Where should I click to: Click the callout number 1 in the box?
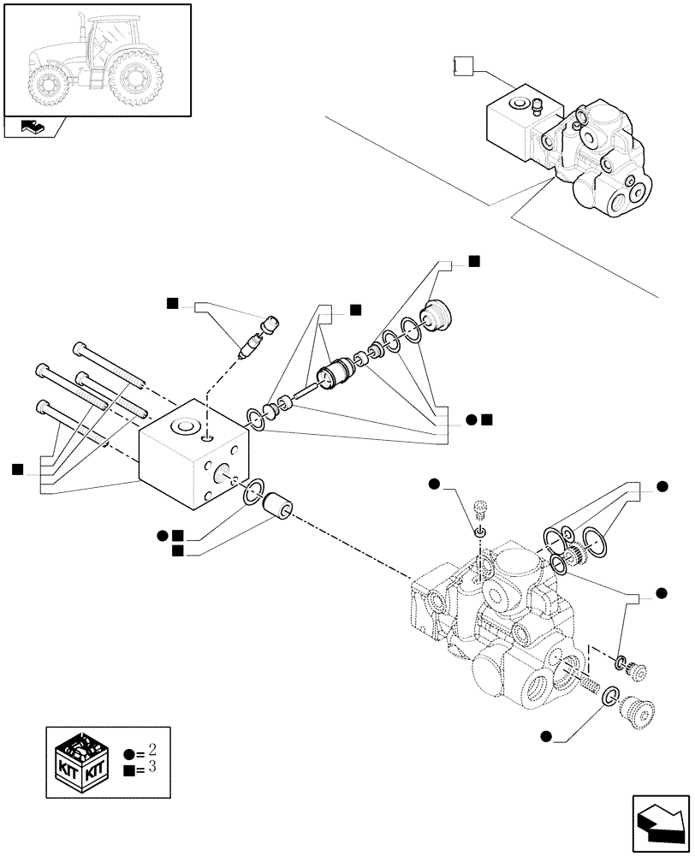pyautogui.click(x=461, y=65)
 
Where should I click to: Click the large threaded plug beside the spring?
pyautogui.click(x=636, y=710)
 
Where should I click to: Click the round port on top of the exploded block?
pyautogui.click(x=184, y=426)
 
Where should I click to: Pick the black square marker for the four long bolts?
pyautogui.click(x=17, y=468)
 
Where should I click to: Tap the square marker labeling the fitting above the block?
pyautogui.click(x=172, y=302)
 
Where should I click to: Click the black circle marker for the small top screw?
pyautogui.click(x=435, y=485)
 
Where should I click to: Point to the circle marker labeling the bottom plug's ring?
pyautogui.click(x=545, y=734)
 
